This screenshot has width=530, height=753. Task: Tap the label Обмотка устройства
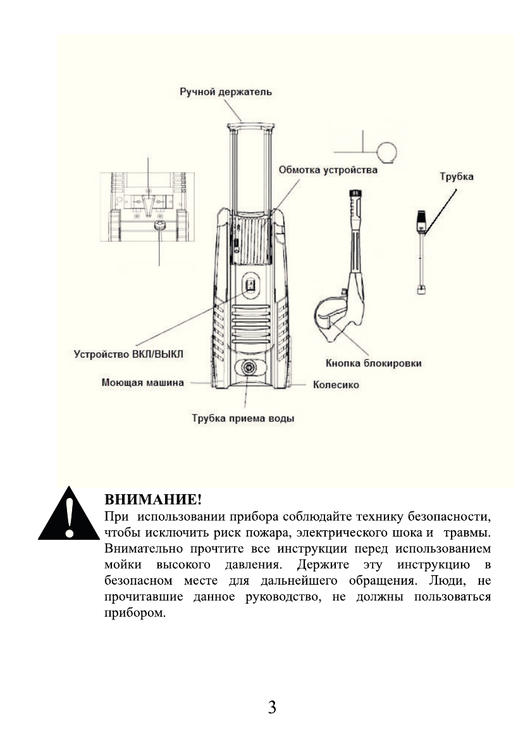click(328, 171)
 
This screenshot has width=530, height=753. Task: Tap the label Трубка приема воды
click(243, 418)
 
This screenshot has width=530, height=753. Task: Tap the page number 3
click(272, 707)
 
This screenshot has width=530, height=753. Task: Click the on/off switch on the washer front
click(250, 285)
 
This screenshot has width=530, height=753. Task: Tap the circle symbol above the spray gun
click(386, 152)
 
